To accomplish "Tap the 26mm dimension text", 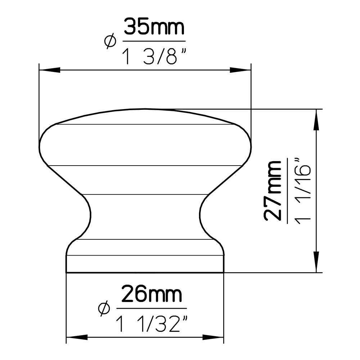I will coord(151,295).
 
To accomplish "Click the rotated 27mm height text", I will coord(273,191).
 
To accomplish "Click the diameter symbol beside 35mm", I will coord(110,41).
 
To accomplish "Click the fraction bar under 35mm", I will coord(154,42).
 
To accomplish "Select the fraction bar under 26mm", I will coord(152,309).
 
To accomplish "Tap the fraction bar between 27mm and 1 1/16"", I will coord(287,191).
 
